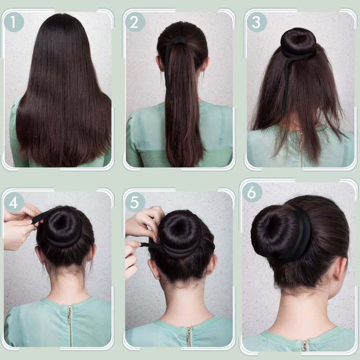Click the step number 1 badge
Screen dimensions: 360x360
[x=14, y=22]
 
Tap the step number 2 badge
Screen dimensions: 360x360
[x=135, y=22]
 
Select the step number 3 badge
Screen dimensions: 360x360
[x=256, y=22]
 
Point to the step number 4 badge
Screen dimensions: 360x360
[x=14, y=202]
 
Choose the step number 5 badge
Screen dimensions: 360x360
[x=135, y=202]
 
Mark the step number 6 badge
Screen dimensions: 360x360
[x=252, y=193]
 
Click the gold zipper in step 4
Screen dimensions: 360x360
[x=70, y=325]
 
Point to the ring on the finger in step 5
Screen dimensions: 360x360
[x=152, y=207]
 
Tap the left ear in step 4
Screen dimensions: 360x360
[x=40, y=255]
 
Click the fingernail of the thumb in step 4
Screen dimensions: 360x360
[x=29, y=222]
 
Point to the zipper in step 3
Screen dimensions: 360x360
[x=301, y=149]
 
